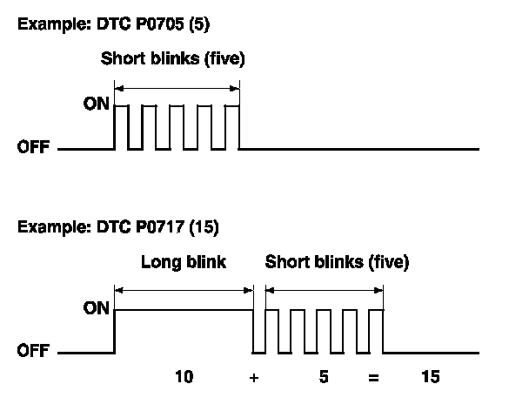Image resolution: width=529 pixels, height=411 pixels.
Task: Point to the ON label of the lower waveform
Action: click(97, 309)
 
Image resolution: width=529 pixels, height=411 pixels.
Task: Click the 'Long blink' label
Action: click(183, 260)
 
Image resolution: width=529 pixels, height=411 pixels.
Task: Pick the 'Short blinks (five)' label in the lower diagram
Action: click(337, 260)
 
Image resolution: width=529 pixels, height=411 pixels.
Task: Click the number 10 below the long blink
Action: click(184, 377)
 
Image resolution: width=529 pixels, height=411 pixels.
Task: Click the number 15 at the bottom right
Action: click(430, 377)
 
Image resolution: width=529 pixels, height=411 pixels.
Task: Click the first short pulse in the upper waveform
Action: click(122, 126)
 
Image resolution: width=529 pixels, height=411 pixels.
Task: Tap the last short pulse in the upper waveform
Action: click(231, 126)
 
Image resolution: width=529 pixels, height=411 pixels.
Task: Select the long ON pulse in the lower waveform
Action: click(184, 310)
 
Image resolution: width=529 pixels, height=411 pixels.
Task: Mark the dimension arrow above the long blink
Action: click(184, 289)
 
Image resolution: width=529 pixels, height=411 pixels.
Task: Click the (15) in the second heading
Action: click(206, 228)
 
